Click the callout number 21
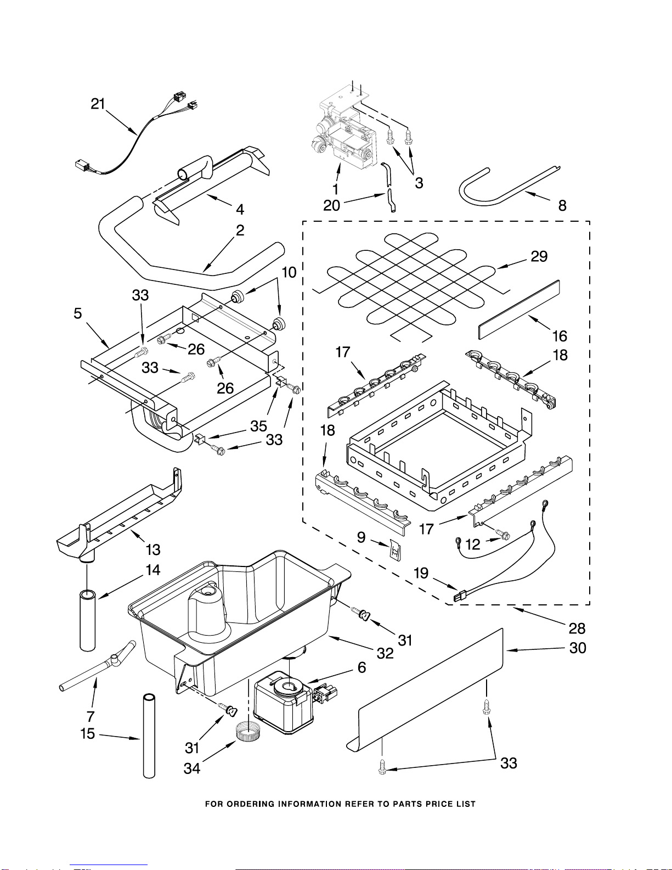point(98,104)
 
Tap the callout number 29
point(539,256)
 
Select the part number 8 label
point(562,205)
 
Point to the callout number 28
point(577,628)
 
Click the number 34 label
point(192,768)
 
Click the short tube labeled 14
point(88,620)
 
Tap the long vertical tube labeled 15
point(149,736)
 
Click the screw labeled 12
point(502,534)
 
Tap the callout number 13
point(153,549)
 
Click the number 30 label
point(578,648)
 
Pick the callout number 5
point(78,313)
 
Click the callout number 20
point(332,205)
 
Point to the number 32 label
point(385,653)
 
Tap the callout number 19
point(421,573)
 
